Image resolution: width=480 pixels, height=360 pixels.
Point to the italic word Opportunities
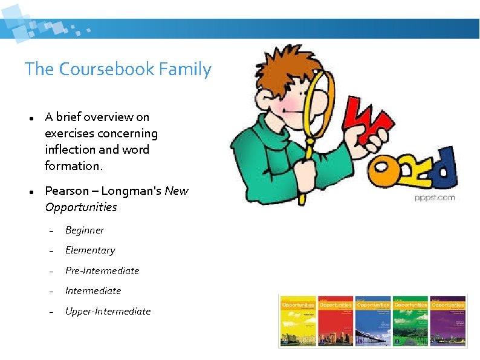(81, 207)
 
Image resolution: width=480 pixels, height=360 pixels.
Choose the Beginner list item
(84, 231)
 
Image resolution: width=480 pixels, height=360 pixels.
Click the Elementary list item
(90, 250)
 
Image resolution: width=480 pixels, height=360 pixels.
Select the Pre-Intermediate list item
(102, 270)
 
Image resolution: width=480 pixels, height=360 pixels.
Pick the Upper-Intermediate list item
(108, 311)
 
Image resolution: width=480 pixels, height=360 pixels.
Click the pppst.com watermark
(435, 197)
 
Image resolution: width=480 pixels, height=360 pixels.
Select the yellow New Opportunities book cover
(297, 321)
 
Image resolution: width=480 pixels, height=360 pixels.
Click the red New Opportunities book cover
(335, 321)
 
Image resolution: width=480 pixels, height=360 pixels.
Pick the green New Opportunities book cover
(409, 321)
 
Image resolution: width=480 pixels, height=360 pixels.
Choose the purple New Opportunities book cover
(447, 321)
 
